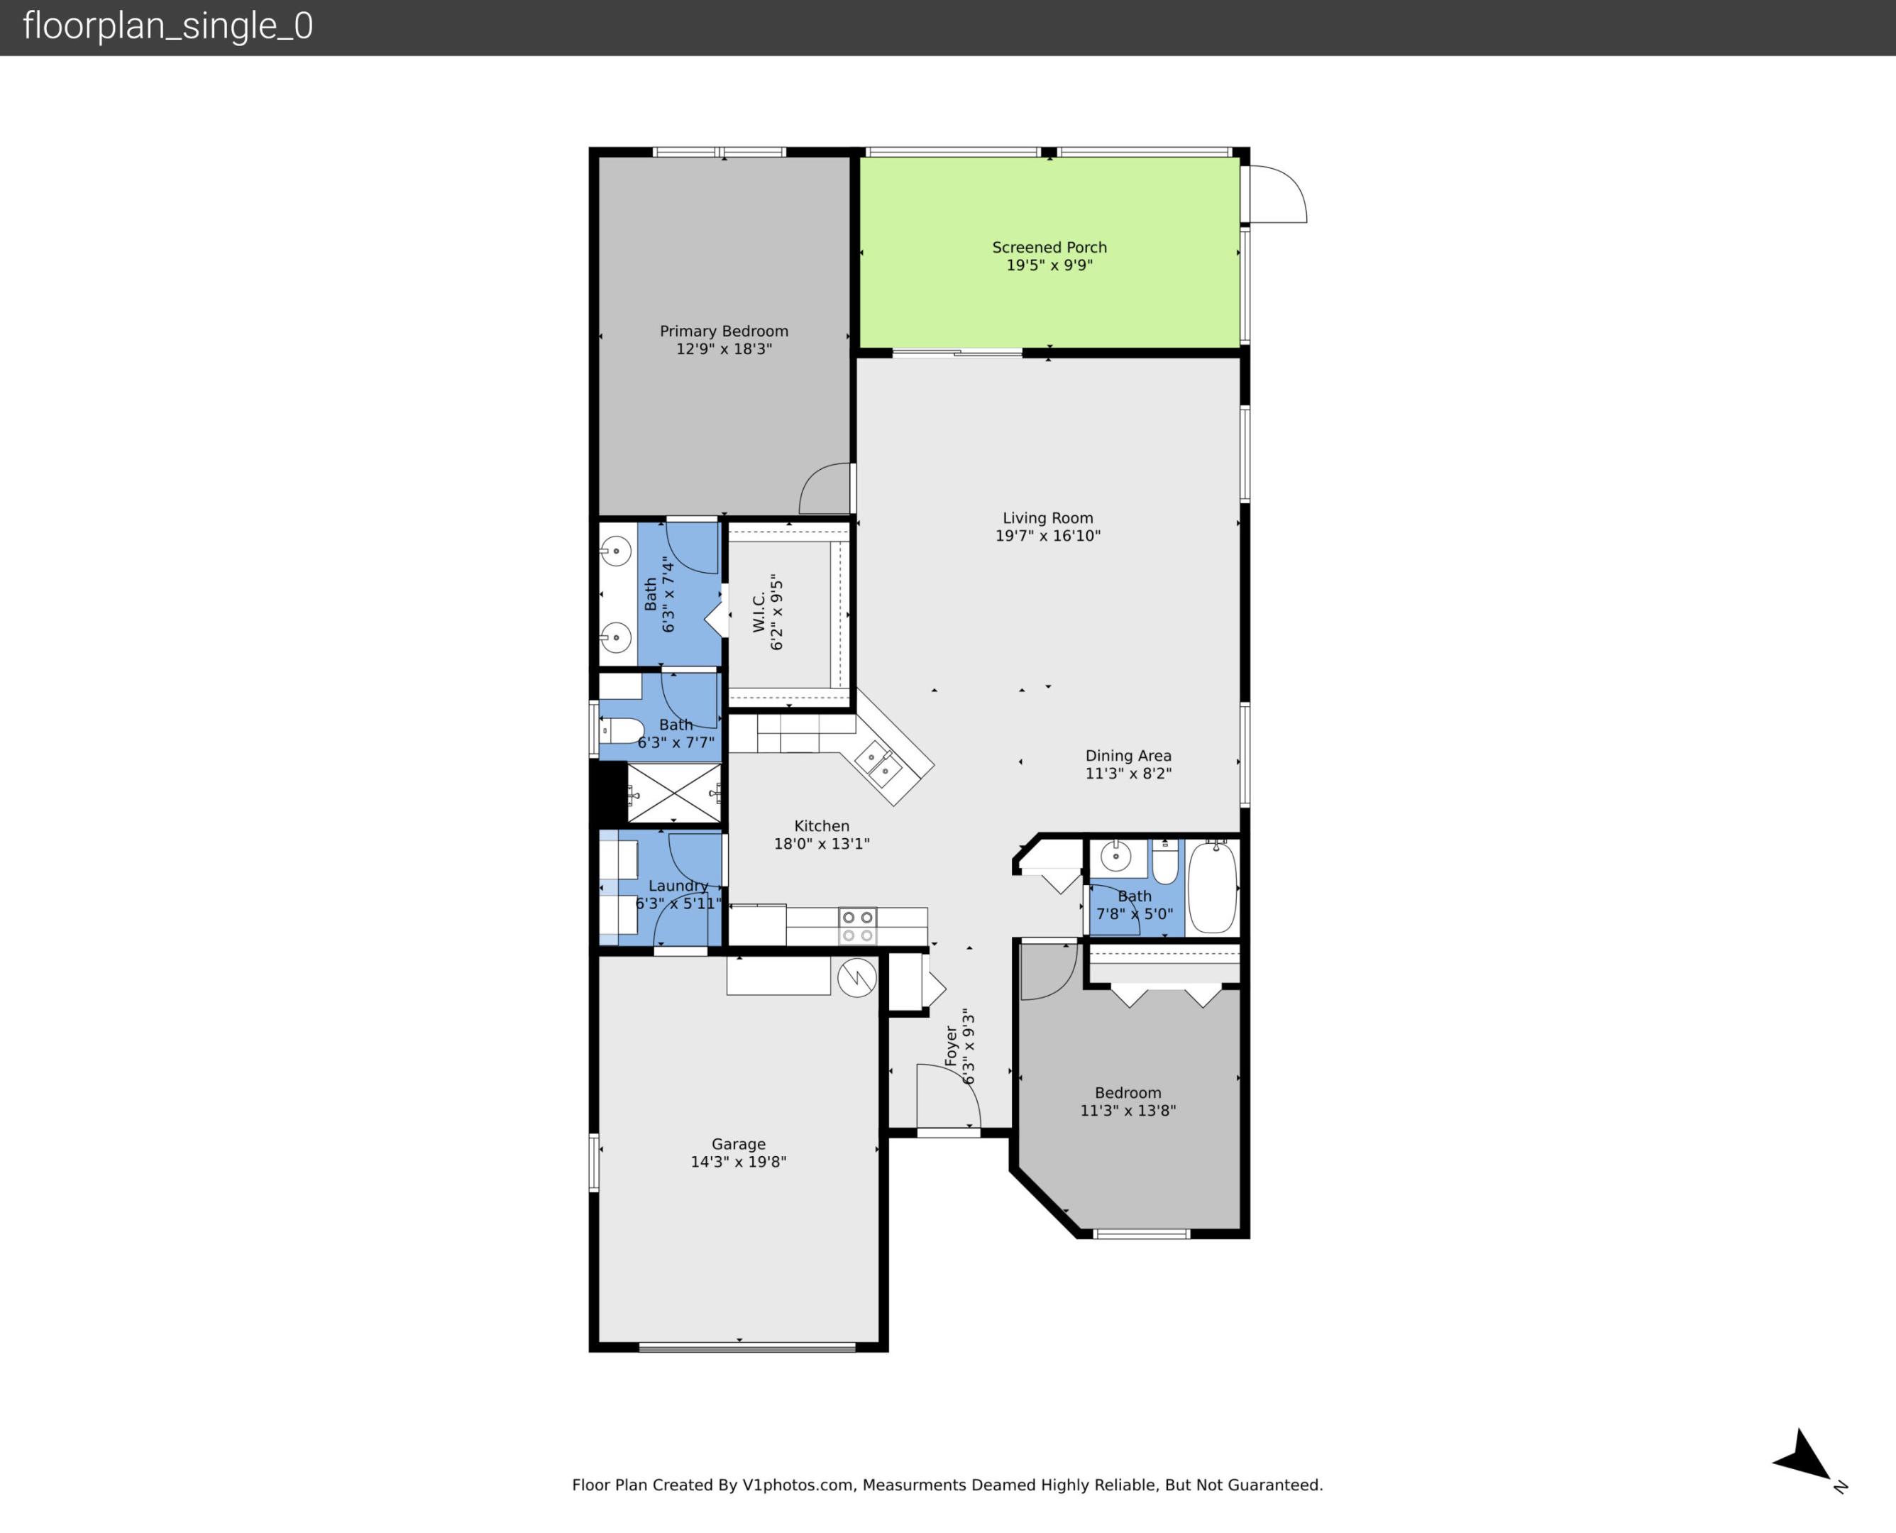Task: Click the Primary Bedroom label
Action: pyautogui.click(x=724, y=331)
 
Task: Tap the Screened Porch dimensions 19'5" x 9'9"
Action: pyautogui.click(x=1049, y=265)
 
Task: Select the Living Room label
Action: pyautogui.click(x=1048, y=518)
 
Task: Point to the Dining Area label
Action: pyautogui.click(x=1128, y=756)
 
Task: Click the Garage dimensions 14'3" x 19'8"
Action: pyautogui.click(x=738, y=1162)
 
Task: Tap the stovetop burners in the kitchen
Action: pyautogui.click(x=857, y=926)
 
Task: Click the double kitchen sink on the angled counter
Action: pyautogui.click(x=878, y=764)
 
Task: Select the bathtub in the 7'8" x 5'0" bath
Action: pyautogui.click(x=1212, y=886)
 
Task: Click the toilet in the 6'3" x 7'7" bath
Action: pyautogui.click(x=623, y=731)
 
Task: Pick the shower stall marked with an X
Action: pyautogui.click(x=674, y=793)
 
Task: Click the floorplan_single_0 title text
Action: pyautogui.click(x=167, y=26)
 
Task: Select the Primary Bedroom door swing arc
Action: pyautogui.click(x=825, y=488)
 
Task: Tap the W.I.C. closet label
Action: pyautogui.click(x=759, y=612)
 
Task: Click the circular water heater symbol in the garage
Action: pyautogui.click(x=856, y=977)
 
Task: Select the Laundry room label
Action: pyautogui.click(x=678, y=886)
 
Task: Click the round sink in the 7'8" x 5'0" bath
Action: pyautogui.click(x=1115, y=857)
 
